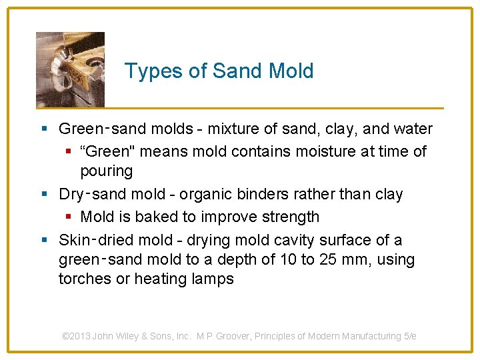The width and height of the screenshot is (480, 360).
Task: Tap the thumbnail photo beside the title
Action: click(x=70, y=69)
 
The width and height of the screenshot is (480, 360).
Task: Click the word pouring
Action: click(x=106, y=171)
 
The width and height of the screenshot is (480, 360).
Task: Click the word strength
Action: click(x=291, y=217)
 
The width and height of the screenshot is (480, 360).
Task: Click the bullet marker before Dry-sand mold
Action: click(x=44, y=194)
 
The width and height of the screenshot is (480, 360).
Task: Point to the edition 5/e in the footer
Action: click(x=410, y=336)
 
